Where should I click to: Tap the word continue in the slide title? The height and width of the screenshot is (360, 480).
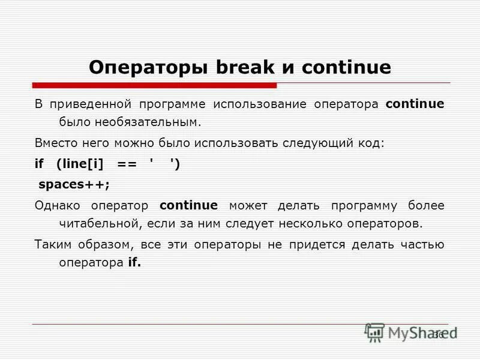coord(346,67)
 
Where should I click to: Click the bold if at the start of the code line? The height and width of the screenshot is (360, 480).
coord(39,164)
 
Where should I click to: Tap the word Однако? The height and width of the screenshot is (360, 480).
coord(57,206)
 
